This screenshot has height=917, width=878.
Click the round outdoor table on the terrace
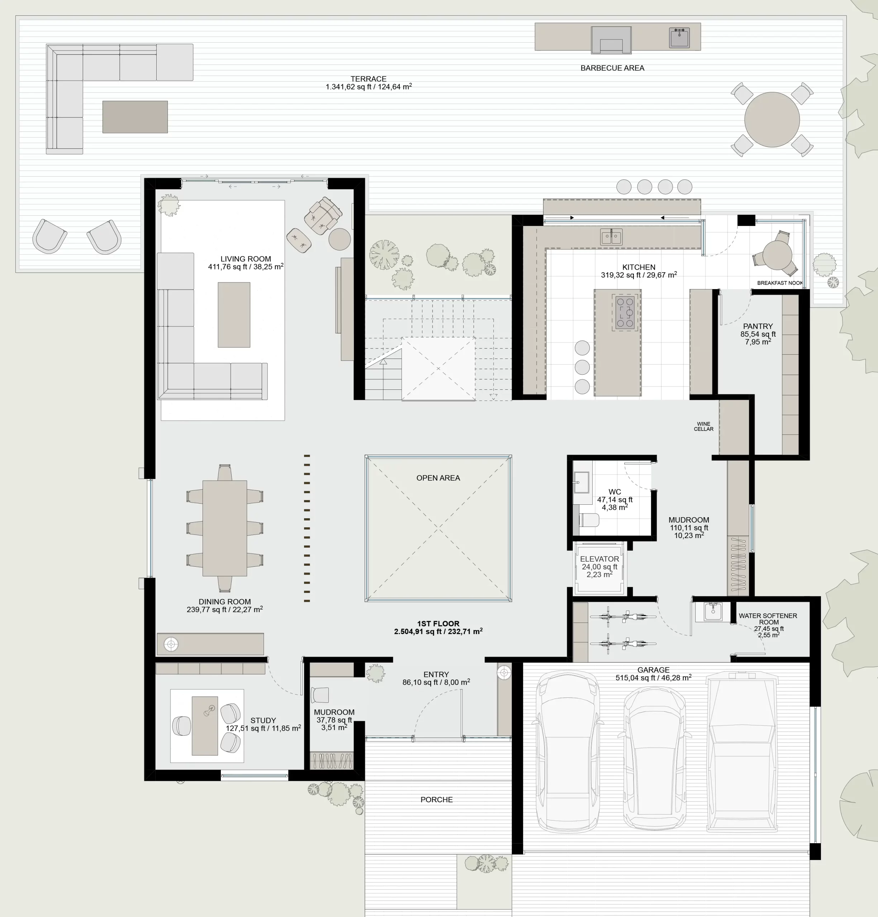click(772, 119)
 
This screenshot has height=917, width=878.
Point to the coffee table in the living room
click(233, 315)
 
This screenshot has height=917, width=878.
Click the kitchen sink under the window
click(611, 237)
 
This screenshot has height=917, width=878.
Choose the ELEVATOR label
click(599, 559)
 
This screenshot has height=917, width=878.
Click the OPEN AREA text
click(438, 478)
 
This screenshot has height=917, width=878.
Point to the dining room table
click(225, 528)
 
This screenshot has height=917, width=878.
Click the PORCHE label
click(436, 800)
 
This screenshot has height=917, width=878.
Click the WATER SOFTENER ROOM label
click(768, 619)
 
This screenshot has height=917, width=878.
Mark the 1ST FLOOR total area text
click(438, 628)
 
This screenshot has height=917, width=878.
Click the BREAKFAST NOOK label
click(780, 283)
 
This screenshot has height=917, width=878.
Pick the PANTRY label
click(758, 326)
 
